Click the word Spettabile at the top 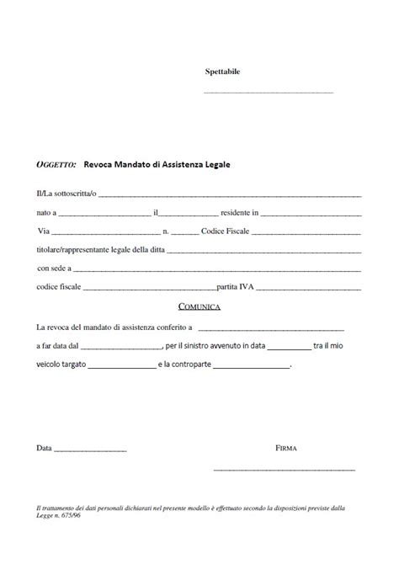coord(223,72)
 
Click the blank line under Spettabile coord(269,92)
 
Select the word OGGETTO coord(57,164)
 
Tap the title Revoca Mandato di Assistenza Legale coord(157,164)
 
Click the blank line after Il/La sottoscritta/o coord(230,196)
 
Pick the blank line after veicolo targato coord(121,367)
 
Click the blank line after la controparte coord(253,367)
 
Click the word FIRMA coord(286,449)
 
